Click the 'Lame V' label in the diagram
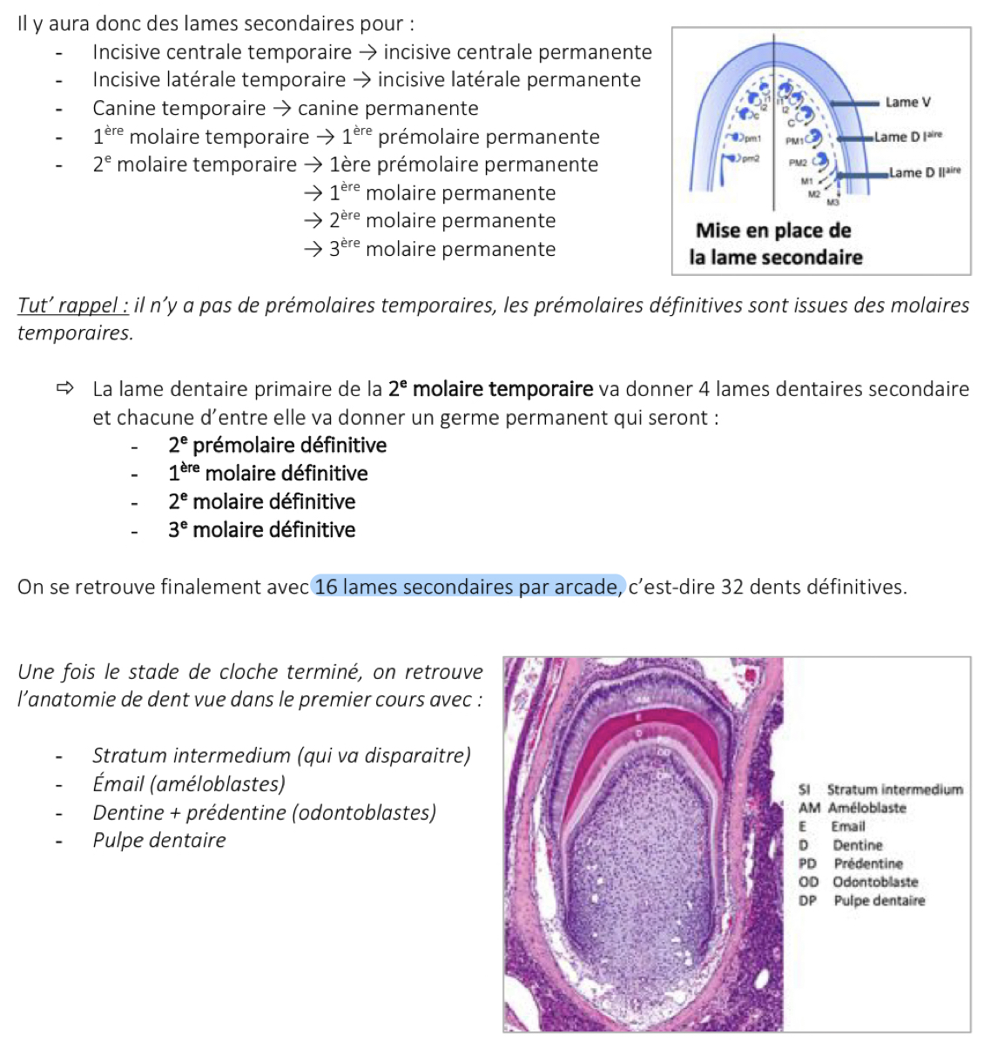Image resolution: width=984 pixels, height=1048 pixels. tap(907, 103)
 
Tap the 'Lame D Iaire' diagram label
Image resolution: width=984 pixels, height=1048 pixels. tap(908, 137)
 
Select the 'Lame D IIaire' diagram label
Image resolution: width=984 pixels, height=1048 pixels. tap(925, 172)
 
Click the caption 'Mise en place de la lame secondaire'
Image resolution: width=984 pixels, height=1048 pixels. tap(775, 244)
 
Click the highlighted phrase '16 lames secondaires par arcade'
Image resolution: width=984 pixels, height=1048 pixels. tap(468, 588)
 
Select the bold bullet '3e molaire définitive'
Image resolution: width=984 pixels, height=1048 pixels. tap(261, 530)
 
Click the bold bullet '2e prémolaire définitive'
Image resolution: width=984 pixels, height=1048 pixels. tap(277, 446)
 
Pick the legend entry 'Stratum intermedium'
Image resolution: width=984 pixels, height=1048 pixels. tap(894, 789)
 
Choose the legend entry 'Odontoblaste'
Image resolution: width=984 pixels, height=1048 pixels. tap(875, 882)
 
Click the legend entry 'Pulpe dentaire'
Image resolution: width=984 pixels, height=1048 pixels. tap(879, 901)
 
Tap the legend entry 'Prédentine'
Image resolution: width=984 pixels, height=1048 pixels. tap(867, 863)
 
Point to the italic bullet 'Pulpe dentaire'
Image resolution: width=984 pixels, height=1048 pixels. tap(159, 841)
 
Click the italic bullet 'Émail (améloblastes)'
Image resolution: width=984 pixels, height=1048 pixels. tap(189, 784)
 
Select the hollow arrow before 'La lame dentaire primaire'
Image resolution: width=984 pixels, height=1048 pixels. tap(65, 389)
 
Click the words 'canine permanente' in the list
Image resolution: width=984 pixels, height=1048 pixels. tap(388, 109)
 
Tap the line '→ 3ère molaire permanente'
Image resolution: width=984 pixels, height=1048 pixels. tap(429, 250)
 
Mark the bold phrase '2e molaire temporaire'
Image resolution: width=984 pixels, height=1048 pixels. tap(491, 389)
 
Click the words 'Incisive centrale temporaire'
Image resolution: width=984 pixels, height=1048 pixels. tap(222, 53)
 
